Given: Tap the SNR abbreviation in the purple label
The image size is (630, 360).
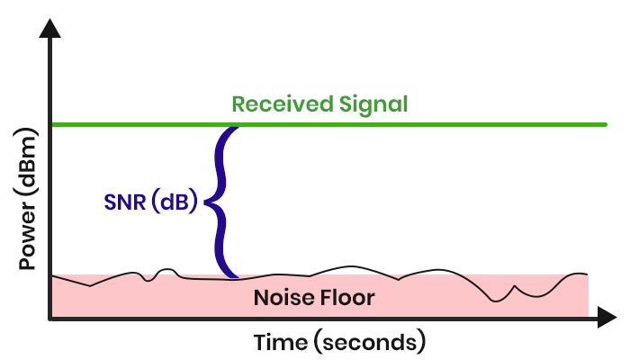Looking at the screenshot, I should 119,202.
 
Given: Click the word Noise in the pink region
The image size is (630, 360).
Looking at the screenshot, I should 280,297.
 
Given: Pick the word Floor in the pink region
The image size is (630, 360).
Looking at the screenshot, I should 343,297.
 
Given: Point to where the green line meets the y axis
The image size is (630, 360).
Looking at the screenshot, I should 52,123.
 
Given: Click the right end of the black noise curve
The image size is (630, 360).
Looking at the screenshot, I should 587,274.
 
